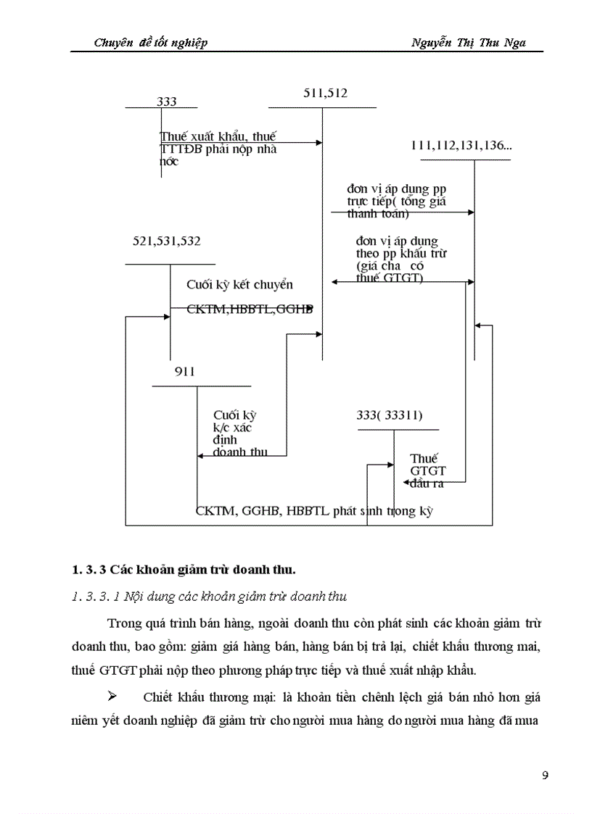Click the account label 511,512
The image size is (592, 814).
[x=325, y=93]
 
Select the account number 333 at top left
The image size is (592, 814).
[x=166, y=102]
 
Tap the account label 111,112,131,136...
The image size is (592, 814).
[x=461, y=146]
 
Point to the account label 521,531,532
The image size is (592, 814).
[x=167, y=241]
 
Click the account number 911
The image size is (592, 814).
[x=184, y=372]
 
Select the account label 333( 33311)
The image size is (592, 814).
[x=390, y=415]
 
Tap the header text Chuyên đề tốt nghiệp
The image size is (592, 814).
[x=151, y=43]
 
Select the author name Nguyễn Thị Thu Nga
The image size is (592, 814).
[x=467, y=43]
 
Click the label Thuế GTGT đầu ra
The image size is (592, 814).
[x=426, y=470]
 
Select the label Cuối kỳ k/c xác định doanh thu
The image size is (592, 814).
[x=239, y=433]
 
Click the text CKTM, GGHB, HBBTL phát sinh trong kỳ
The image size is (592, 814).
[x=314, y=510]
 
